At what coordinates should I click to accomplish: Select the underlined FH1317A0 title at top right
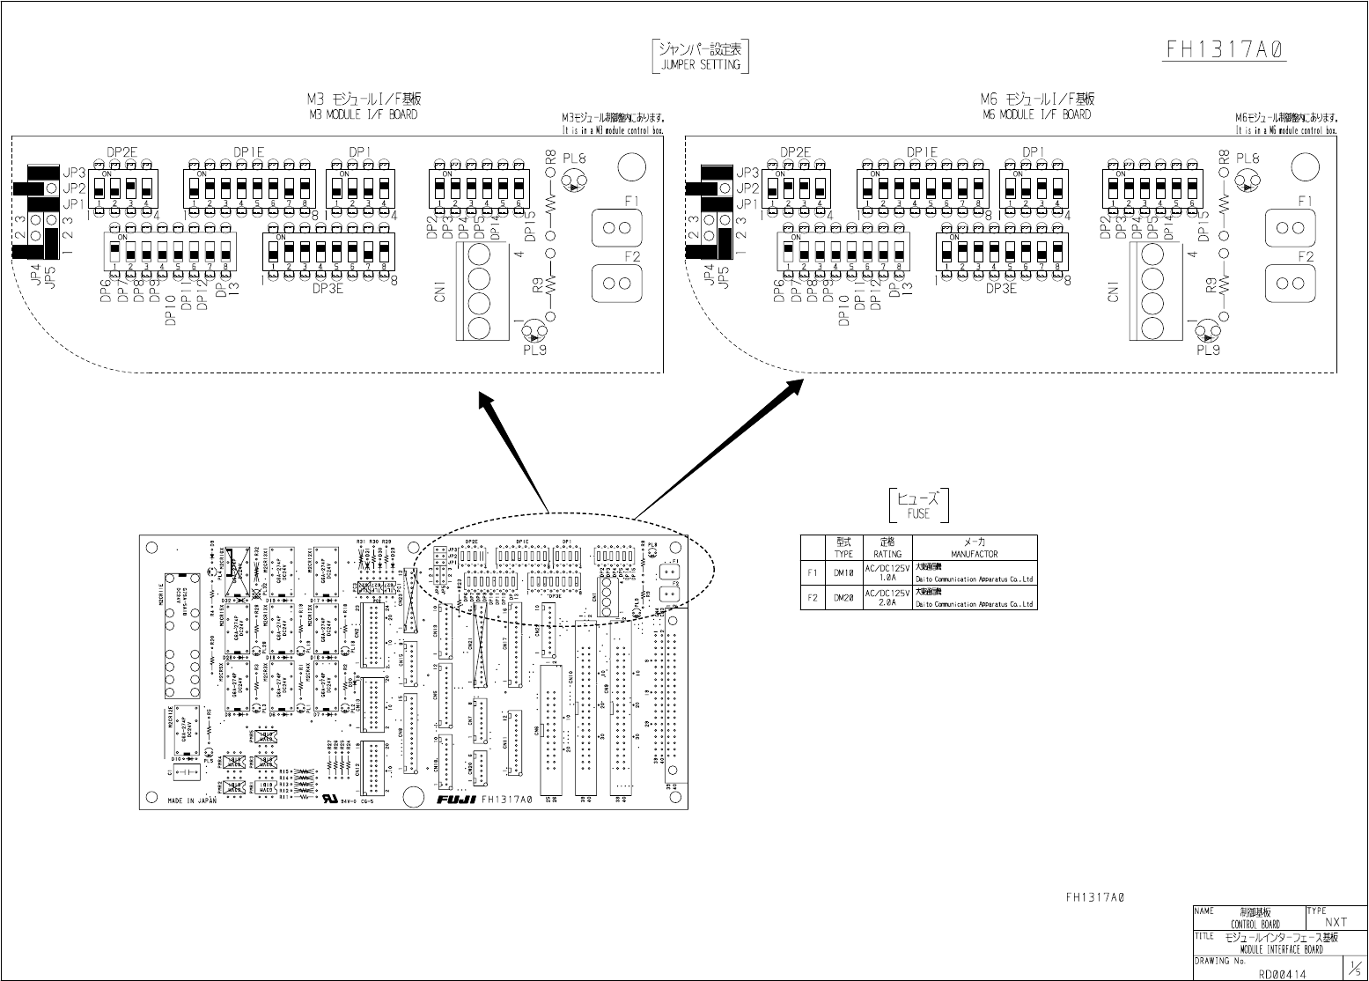(1225, 49)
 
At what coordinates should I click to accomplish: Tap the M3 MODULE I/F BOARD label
(364, 114)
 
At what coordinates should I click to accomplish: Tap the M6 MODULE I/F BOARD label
(1037, 114)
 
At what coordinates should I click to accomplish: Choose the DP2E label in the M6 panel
(795, 152)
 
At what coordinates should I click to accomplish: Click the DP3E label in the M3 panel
(327, 288)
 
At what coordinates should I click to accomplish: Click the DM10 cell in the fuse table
(843, 572)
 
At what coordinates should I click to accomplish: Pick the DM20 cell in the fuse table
(843, 597)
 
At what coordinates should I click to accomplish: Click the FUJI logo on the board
(456, 800)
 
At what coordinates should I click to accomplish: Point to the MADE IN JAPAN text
(192, 800)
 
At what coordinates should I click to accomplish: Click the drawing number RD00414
(1282, 974)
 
